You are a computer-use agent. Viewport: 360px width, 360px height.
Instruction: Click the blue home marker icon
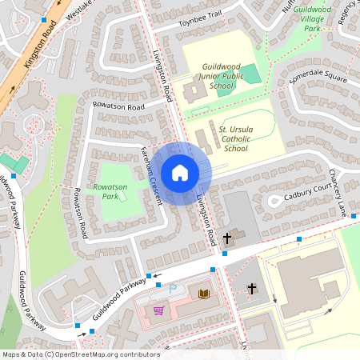[x=179, y=172]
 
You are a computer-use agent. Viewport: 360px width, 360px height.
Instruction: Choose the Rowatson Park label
[x=110, y=191]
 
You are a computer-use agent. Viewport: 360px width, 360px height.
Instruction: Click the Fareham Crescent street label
[x=152, y=176]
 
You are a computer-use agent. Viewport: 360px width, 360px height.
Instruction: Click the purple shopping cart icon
[x=158, y=310]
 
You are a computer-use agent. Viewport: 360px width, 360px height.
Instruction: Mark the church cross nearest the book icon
[x=252, y=288]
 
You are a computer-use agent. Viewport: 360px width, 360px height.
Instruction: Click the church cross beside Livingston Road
[x=227, y=238]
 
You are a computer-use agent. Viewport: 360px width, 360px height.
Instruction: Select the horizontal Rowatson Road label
[x=118, y=106]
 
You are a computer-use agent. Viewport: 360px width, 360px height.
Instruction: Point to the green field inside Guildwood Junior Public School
[x=249, y=74]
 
